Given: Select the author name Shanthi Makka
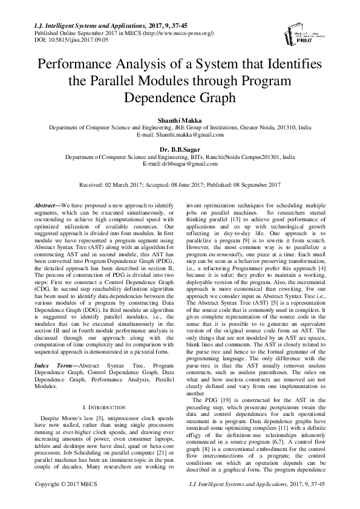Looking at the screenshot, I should point(180,121).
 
